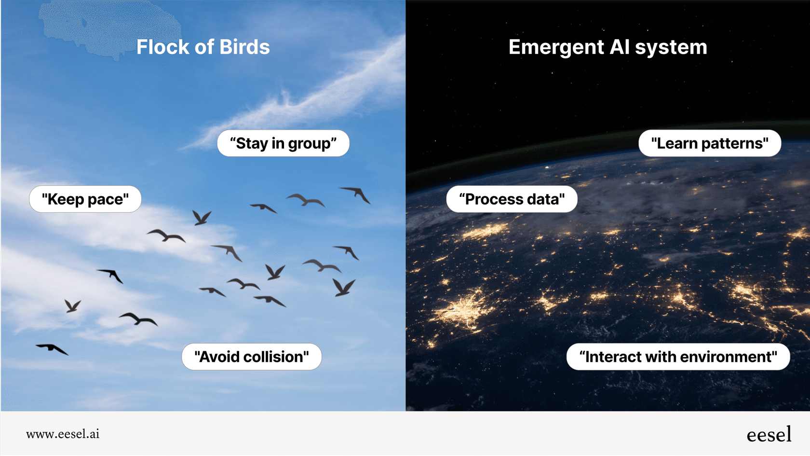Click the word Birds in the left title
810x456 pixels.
244,47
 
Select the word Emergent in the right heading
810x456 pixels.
556,47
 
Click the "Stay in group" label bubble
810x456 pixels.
283,143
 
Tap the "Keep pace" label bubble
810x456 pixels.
85,199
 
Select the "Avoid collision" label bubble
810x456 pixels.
252,357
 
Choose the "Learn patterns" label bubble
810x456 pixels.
710,143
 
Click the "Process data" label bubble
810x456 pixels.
512,199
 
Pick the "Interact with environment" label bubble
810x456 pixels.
678,357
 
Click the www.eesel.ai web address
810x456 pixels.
63,434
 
